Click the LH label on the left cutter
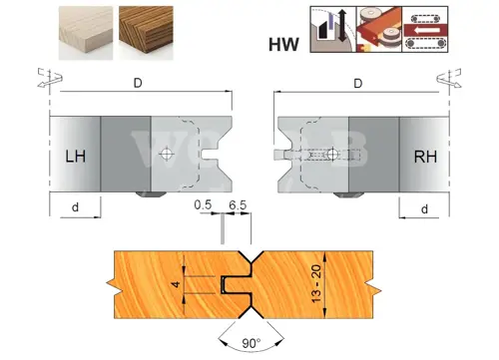pyautogui.click(x=76, y=157)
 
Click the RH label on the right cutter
pyautogui.click(x=425, y=157)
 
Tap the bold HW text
pyautogui.click(x=283, y=45)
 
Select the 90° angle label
pyautogui.click(x=251, y=343)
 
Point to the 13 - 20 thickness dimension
pyautogui.click(x=316, y=283)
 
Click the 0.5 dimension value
pyautogui.click(x=203, y=204)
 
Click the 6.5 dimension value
pyautogui.click(x=238, y=205)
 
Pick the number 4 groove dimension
pyautogui.click(x=177, y=284)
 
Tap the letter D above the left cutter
pyautogui.click(x=138, y=83)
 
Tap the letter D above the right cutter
pyautogui.click(x=358, y=83)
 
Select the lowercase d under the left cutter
pyautogui.click(x=76, y=207)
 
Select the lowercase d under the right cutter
pyautogui.click(x=424, y=209)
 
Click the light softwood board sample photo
pyautogui.click(x=86, y=33)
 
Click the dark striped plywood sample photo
pyautogui.click(x=146, y=33)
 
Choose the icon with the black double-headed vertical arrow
pyautogui.click(x=333, y=29)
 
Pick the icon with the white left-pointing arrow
pyautogui.click(x=425, y=29)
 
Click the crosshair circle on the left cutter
pyautogui.click(x=166, y=154)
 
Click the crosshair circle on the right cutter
pyautogui.click(x=331, y=154)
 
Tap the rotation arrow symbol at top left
pyautogui.click(x=50, y=78)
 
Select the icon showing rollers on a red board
pyautogui.click(x=379, y=29)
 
